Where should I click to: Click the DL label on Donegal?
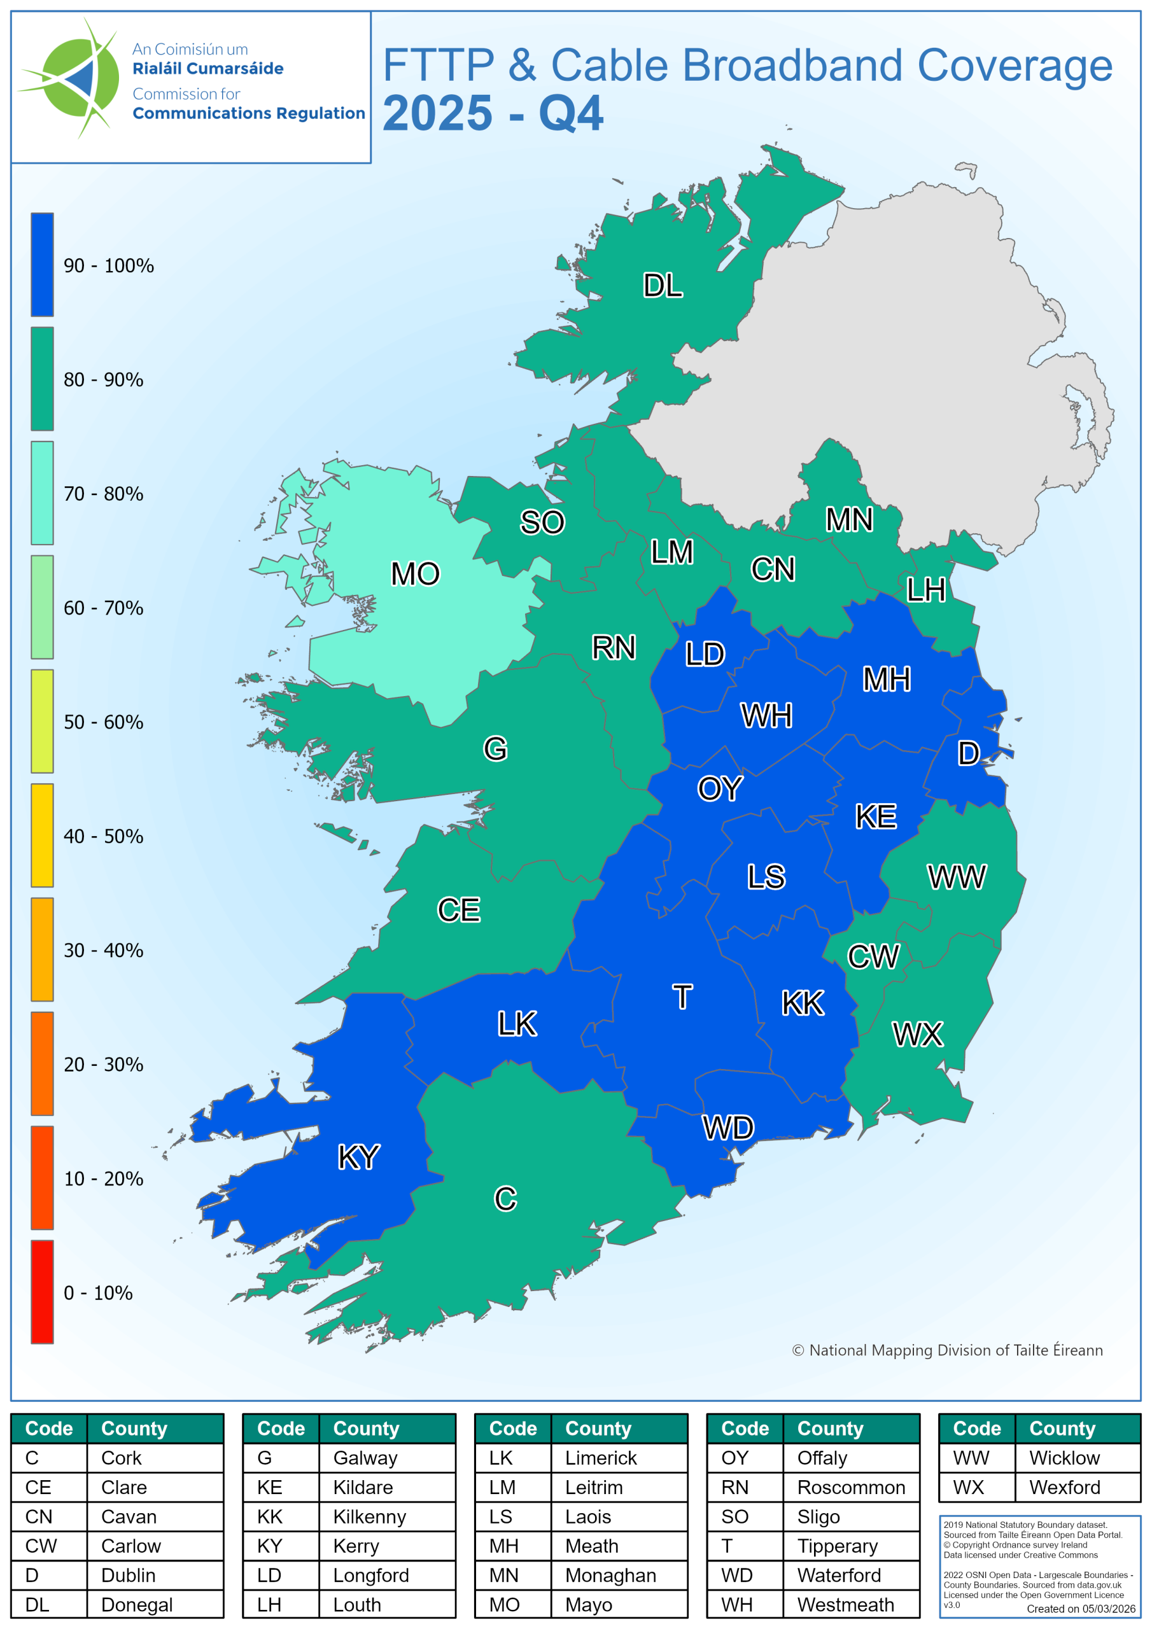tap(662, 285)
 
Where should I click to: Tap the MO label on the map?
tap(415, 574)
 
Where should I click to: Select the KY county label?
tap(358, 1157)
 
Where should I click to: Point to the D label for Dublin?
tap(968, 753)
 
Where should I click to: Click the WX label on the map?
tap(917, 1035)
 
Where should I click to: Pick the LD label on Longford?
tap(704, 654)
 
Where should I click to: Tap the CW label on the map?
tap(873, 957)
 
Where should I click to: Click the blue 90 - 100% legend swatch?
tap(42, 265)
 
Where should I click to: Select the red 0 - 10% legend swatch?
tap(42, 1291)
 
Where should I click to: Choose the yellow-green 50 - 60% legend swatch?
tap(42, 721)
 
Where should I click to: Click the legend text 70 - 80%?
tap(104, 494)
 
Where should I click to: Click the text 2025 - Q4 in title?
tap(493, 113)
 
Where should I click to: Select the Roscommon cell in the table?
tap(850, 1487)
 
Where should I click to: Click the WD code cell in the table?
tap(737, 1575)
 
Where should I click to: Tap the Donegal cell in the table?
tap(137, 1605)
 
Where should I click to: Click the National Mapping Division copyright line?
tap(947, 1350)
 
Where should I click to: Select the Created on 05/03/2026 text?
tap(1080, 1609)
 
